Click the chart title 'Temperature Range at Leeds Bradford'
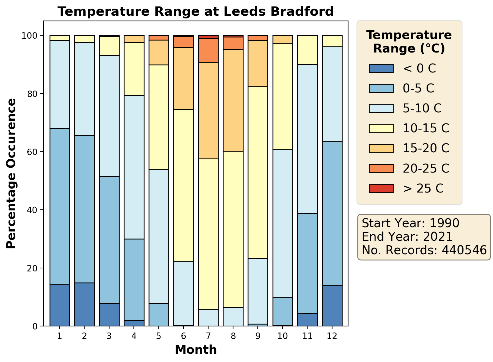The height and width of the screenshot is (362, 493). pyautogui.click(x=196, y=12)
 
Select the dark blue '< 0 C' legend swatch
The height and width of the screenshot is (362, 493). pyautogui.click(x=381, y=68)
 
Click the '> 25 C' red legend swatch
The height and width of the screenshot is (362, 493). pyautogui.click(x=381, y=188)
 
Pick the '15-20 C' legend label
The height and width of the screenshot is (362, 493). pyautogui.click(x=426, y=148)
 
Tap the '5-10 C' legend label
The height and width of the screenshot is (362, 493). pyautogui.click(x=422, y=108)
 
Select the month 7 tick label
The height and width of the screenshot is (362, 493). pyautogui.click(x=208, y=336)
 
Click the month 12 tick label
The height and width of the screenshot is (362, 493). pyautogui.click(x=332, y=336)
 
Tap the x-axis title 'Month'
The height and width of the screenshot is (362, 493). pyautogui.click(x=196, y=350)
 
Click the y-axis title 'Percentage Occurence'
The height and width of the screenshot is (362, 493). pyautogui.click(x=11, y=173)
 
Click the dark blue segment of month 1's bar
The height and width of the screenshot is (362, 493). pyautogui.click(x=60, y=306)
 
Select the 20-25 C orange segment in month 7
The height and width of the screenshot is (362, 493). pyautogui.click(x=208, y=50)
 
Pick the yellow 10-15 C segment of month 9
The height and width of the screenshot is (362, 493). pyautogui.click(x=258, y=173)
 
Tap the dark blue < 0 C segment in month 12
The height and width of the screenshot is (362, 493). pyautogui.click(x=332, y=306)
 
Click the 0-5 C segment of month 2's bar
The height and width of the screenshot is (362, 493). pyautogui.click(x=85, y=209)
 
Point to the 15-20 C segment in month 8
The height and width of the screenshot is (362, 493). pyautogui.click(x=233, y=100)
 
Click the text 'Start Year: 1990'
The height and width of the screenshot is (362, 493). pyautogui.click(x=411, y=223)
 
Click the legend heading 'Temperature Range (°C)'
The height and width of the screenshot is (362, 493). pyautogui.click(x=409, y=42)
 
